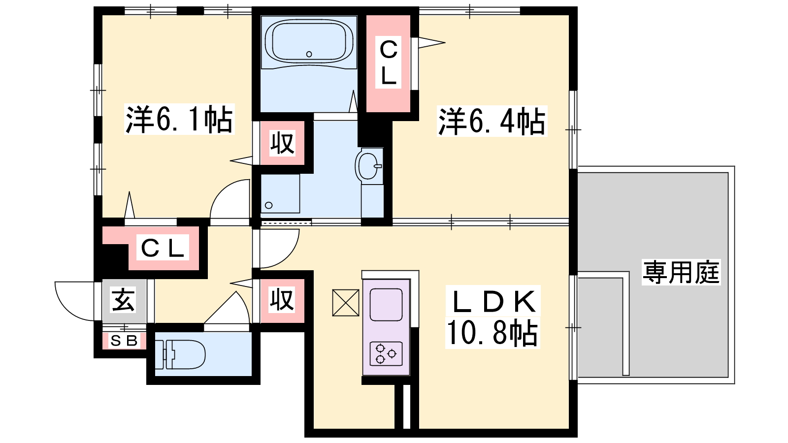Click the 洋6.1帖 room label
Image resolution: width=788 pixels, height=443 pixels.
pyautogui.click(x=179, y=119)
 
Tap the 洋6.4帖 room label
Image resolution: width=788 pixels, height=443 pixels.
pyautogui.click(x=492, y=121)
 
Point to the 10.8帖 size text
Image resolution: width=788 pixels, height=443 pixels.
pyautogui.click(x=492, y=333)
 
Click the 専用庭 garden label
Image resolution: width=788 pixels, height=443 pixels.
pyautogui.click(x=681, y=272)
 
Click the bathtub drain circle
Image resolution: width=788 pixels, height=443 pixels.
pyautogui.click(x=309, y=54)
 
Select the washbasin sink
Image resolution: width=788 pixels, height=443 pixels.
pyautogui.click(x=369, y=166)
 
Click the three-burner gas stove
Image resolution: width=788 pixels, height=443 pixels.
pyautogui.click(x=386, y=353)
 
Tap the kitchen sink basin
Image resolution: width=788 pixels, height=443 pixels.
pyautogui.click(x=386, y=305)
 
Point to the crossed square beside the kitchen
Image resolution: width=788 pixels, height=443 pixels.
pyautogui.click(x=346, y=303)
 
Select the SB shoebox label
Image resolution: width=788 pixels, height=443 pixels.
pyautogui.click(x=124, y=340)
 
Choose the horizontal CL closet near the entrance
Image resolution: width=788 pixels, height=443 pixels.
pyautogui.click(x=163, y=248)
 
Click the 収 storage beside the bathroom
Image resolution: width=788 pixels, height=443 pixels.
pyautogui.click(x=282, y=143)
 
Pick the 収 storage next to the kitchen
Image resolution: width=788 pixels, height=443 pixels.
pyautogui.click(x=282, y=300)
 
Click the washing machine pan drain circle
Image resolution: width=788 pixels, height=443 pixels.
pyautogui.click(x=269, y=205)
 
